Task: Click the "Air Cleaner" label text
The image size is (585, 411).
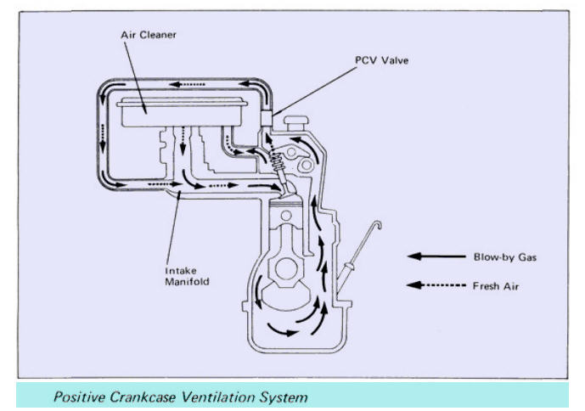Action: click(149, 35)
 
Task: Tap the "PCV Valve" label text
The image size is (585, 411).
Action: click(382, 60)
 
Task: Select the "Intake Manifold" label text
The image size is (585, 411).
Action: click(187, 276)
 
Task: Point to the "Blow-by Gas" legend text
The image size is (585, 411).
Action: click(505, 257)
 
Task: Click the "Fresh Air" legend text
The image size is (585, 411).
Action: click(496, 286)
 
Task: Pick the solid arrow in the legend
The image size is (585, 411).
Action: click(436, 256)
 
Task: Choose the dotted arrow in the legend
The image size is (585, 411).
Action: click(436, 285)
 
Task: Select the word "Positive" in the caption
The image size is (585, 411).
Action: click(80, 397)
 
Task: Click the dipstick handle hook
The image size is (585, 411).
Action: click(378, 225)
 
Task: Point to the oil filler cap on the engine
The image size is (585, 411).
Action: click(296, 123)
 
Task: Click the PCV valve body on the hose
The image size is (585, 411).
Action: click(267, 119)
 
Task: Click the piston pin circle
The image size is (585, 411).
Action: click(286, 216)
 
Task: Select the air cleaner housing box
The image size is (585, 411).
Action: click(182, 111)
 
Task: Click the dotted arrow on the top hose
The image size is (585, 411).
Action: click(188, 85)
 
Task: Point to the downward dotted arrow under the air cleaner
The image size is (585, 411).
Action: click(183, 141)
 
